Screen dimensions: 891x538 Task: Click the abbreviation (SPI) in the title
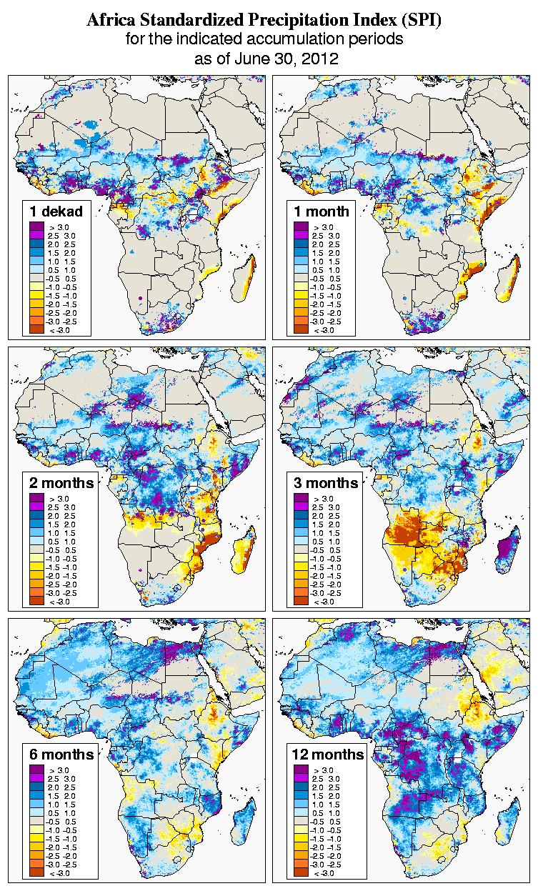[x=420, y=21]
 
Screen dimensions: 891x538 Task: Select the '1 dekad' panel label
[x=56, y=211]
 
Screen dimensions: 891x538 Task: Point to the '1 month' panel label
[x=322, y=211]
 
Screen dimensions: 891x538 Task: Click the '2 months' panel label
[x=61, y=482]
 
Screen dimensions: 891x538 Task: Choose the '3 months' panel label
[x=325, y=482]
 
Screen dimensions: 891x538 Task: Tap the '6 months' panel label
[x=61, y=755]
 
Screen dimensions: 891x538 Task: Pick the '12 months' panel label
[x=328, y=755]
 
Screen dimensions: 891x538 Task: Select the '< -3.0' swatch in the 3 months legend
[x=301, y=602]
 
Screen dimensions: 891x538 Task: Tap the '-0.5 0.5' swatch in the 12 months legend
[x=301, y=822]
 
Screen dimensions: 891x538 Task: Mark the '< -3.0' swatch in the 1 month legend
[x=301, y=329]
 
